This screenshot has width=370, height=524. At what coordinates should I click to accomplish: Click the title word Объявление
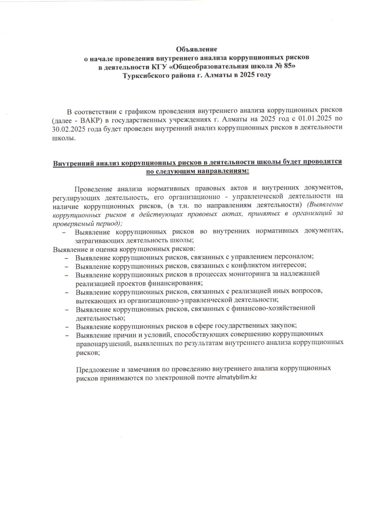point(197,49)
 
